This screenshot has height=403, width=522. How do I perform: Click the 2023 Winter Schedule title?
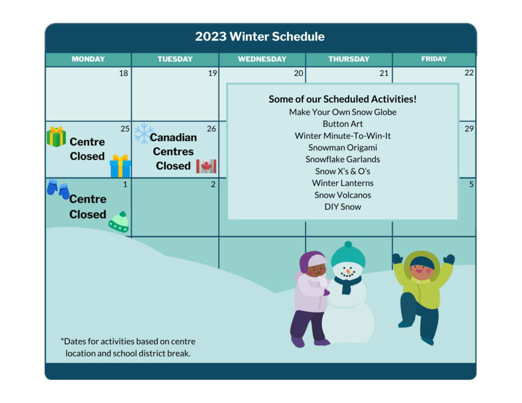pyautogui.click(x=260, y=36)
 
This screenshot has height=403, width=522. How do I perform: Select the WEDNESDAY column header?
pyautogui.click(x=262, y=59)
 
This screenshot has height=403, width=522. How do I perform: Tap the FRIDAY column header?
pyautogui.click(x=434, y=59)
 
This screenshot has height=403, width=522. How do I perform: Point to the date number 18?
pyautogui.click(x=123, y=73)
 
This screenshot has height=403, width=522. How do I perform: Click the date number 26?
pyautogui.click(x=212, y=129)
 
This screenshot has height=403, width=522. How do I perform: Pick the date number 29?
pyautogui.click(x=469, y=129)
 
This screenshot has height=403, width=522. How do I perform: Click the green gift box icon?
pyautogui.click(x=56, y=137)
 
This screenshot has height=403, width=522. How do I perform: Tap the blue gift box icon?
pyautogui.click(x=120, y=166)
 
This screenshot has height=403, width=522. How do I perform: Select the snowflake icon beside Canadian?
pyautogui.click(x=144, y=134)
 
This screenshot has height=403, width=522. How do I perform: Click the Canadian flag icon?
pyautogui.click(x=206, y=166)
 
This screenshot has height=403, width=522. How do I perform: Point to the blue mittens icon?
pyautogui.click(x=58, y=189)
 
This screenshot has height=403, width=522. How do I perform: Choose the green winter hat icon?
pyautogui.click(x=119, y=222)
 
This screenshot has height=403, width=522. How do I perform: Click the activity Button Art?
pyautogui.click(x=343, y=124)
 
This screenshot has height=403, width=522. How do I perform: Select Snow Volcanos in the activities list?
pyautogui.click(x=343, y=195)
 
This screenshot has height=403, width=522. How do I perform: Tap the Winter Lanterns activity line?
pyautogui.click(x=343, y=183)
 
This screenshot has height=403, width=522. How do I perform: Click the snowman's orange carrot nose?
pyautogui.click(x=348, y=272)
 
